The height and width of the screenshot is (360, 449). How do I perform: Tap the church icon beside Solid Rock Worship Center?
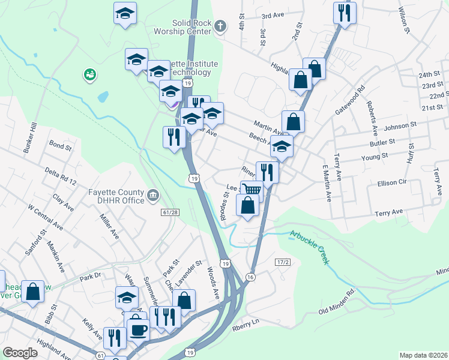coord(220,26)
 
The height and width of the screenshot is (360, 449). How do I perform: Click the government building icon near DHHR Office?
coord(153,196)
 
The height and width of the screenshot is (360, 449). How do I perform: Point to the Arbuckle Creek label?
coord(310,247)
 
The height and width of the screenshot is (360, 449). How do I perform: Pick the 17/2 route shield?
coord(283,262)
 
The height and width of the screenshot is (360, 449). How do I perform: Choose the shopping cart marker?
coord(252,190)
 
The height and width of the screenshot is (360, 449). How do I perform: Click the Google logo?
coord(20,353)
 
